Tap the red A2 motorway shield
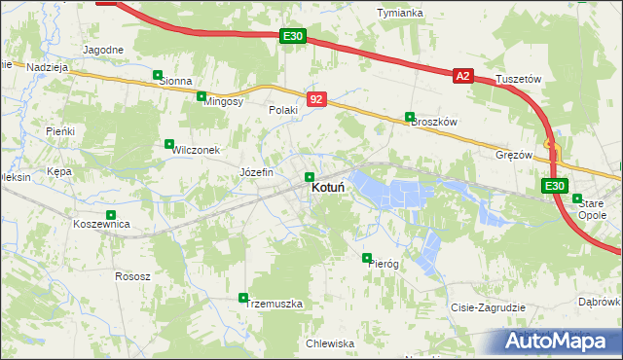[462, 75]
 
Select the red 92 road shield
[316, 99]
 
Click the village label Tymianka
[400, 13]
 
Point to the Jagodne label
[103, 50]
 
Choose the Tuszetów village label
[517, 78]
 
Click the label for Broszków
[434, 122]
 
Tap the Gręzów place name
[514, 155]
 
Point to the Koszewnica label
[101, 224]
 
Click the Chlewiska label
[329, 343]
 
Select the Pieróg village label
[384, 264]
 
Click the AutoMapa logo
[553, 341]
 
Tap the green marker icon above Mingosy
[202, 96]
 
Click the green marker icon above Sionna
[158, 74]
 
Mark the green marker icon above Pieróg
[367, 258]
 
